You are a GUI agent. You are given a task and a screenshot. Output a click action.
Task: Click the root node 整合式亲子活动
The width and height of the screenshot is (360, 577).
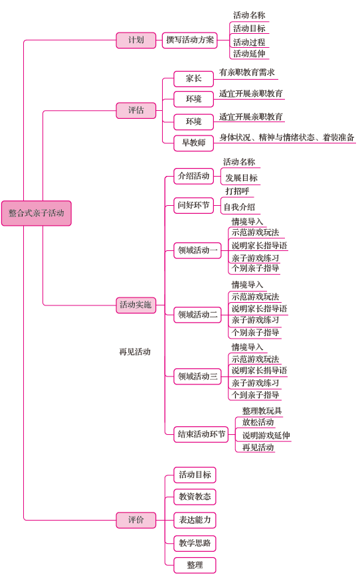click(x=37, y=213)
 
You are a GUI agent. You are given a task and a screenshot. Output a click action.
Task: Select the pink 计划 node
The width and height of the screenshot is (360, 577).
click(x=135, y=40)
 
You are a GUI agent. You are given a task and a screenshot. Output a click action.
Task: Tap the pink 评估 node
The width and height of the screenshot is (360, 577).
click(x=135, y=110)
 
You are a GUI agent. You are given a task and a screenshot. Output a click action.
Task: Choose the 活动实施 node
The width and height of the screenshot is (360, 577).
click(x=135, y=305)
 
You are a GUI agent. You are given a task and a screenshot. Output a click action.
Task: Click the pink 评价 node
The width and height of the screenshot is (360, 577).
click(x=135, y=520)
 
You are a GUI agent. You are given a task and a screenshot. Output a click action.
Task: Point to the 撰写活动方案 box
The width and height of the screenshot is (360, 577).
click(x=189, y=40)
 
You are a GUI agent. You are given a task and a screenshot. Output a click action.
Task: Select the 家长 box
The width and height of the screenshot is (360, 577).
click(x=194, y=79)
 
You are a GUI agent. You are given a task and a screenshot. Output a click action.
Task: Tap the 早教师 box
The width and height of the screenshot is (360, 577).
click(x=194, y=143)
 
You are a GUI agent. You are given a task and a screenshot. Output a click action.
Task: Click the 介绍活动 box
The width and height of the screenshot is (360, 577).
click(x=194, y=176)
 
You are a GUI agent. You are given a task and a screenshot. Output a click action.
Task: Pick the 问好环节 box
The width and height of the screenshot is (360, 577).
click(x=194, y=205)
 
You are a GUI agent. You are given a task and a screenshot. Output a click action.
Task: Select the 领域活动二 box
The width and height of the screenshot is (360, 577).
click(x=198, y=315)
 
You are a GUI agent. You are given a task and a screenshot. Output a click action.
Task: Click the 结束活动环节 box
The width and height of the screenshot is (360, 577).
click(x=201, y=434)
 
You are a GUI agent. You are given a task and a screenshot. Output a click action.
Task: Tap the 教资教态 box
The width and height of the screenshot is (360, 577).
click(x=195, y=497)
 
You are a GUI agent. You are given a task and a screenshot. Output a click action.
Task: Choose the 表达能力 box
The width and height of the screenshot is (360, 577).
click(x=195, y=520)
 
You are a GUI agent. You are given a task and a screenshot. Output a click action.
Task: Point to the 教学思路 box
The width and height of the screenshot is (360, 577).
click(x=195, y=543)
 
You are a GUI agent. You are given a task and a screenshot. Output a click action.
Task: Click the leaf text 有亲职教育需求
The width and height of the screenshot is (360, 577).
click(x=247, y=72)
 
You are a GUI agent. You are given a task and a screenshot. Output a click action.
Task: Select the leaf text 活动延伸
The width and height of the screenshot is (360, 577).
click(x=249, y=54)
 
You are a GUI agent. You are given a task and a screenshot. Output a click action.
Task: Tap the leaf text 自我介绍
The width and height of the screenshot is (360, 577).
click(x=239, y=207)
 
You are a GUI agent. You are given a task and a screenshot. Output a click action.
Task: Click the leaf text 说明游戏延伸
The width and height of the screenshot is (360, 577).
click(x=266, y=436)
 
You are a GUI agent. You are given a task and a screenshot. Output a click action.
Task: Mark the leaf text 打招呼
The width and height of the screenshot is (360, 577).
click(x=237, y=191)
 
